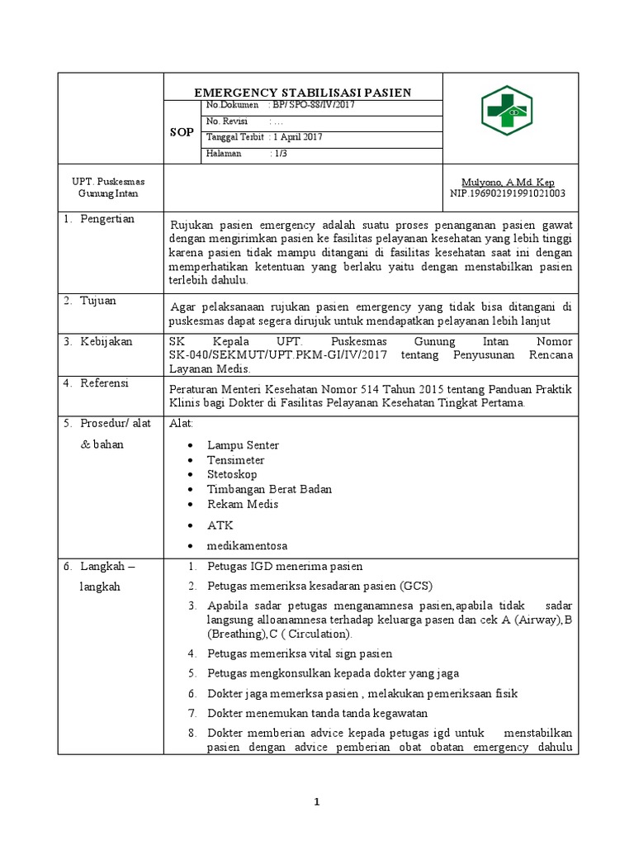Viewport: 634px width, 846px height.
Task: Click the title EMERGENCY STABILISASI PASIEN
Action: (x=302, y=93)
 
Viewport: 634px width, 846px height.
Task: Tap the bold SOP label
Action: (x=182, y=132)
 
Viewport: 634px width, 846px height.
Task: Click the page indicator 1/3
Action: (x=282, y=153)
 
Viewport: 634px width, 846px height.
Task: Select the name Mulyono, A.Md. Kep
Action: (x=508, y=182)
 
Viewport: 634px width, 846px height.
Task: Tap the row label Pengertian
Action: (x=106, y=219)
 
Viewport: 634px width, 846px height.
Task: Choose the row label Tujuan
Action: (x=98, y=301)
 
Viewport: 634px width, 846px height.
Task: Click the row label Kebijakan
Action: (x=106, y=341)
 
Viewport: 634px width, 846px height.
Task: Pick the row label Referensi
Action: (x=106, y=383)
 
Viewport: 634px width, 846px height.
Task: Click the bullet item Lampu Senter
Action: (x=243, y=445)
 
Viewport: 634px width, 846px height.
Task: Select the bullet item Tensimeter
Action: (x=236, y=460)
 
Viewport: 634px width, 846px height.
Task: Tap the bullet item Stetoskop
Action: (x=232, y=474)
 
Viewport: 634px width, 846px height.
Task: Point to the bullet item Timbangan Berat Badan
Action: (x=269, y=489)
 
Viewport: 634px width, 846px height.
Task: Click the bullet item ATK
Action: (x=220, y=525)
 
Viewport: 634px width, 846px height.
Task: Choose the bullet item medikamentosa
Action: (x=247, y=546)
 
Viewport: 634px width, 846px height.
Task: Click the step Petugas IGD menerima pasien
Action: (x=285, y=567)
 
